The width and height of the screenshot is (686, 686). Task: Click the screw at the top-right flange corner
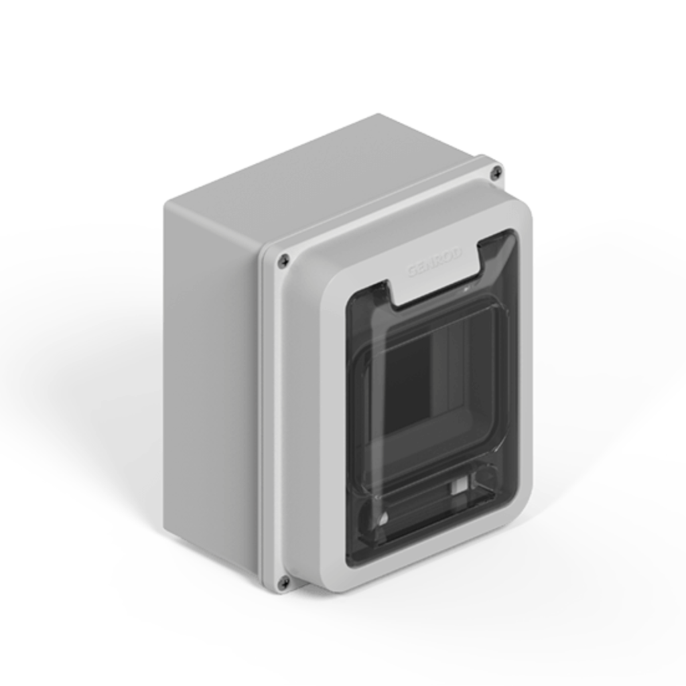point(496,173)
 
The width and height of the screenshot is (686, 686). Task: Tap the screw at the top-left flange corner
point(284,261)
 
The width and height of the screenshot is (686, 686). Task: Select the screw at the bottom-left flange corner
point(283,582)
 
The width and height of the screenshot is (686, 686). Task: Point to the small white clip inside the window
point(459,485)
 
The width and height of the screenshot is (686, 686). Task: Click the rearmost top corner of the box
point(379,115)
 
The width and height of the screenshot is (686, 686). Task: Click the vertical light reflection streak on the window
point(439,375)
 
